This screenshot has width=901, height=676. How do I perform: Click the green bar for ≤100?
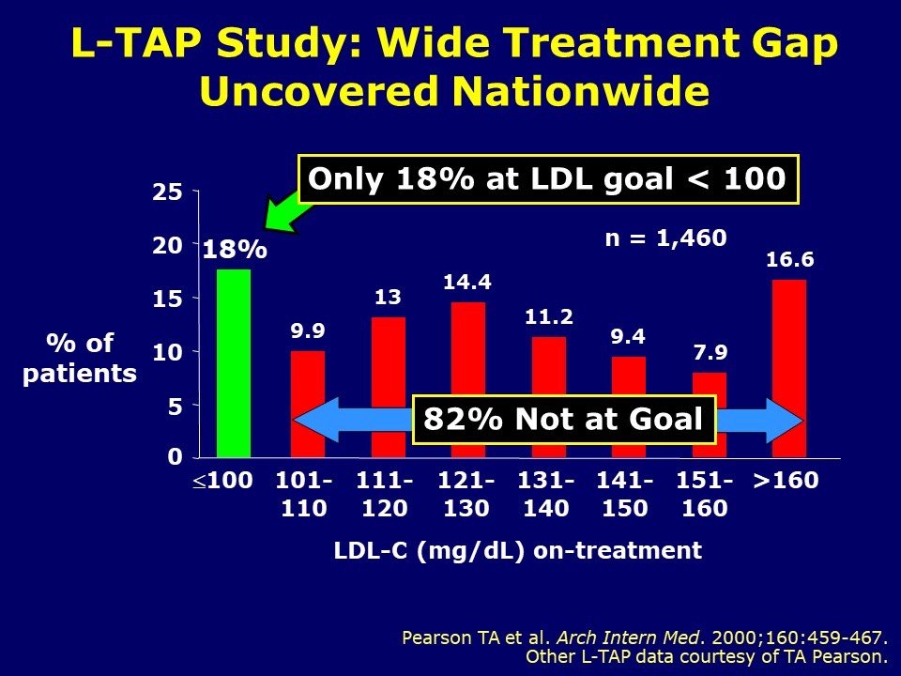coord(234,363)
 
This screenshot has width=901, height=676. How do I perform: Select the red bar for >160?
coord(789,368)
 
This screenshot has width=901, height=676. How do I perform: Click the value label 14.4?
coord(467,282)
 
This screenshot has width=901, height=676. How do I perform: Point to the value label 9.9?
coord(308,330)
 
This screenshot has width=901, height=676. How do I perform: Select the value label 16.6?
coord(789,260)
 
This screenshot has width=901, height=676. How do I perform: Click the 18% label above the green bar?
coord(235,251)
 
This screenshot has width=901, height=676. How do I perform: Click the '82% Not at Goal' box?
coord(564,419)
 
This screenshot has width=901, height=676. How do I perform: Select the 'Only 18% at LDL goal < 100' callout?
coord(547,179)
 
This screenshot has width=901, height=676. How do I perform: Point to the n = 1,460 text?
coord(664,238)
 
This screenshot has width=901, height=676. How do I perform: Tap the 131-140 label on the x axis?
coord(546,495)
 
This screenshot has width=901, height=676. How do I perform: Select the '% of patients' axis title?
coord(80,359)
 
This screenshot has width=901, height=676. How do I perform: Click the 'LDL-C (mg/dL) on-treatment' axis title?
coord(517,551)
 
